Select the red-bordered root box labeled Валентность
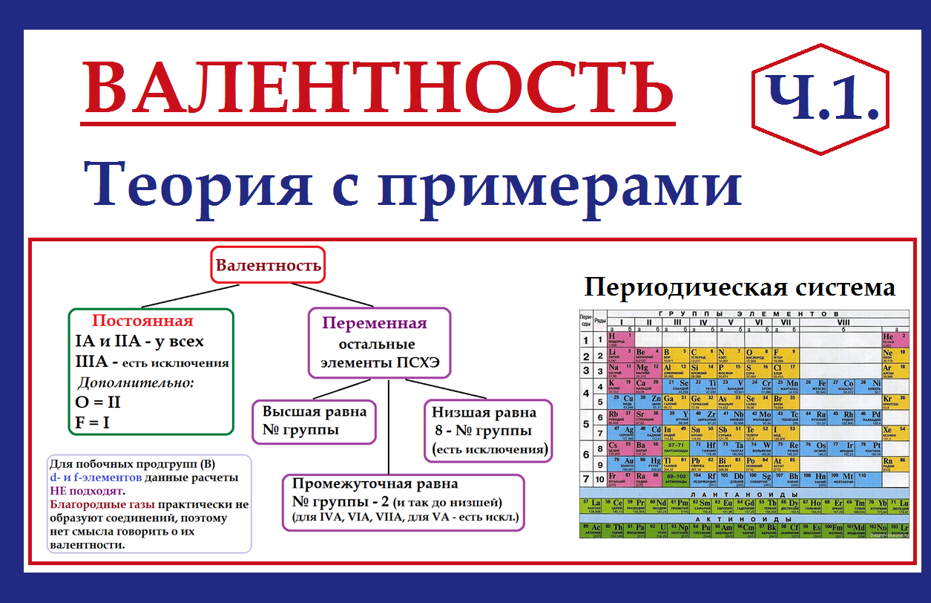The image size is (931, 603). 269,264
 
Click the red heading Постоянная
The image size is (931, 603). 142,321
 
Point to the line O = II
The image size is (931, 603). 98,402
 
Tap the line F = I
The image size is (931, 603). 92,423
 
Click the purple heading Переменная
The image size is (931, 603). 375,323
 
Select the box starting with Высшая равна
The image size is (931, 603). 315,420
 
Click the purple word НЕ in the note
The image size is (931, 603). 59,491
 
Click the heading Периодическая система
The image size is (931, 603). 740,287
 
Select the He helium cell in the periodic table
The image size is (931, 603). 893,339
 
